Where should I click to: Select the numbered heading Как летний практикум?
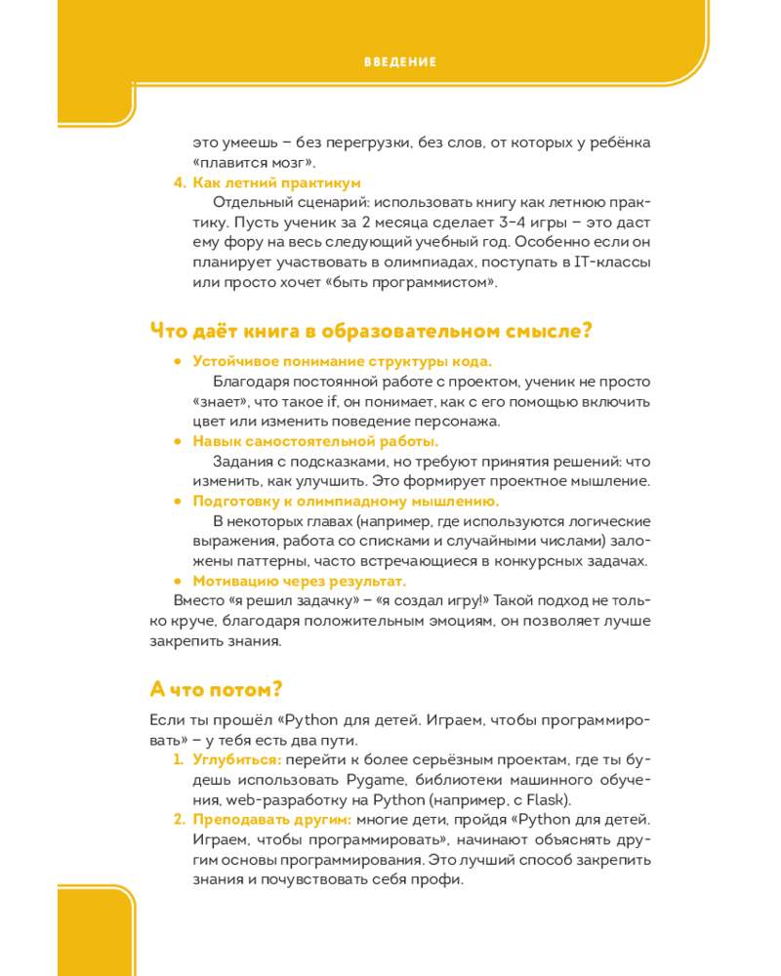(x=276, y=183)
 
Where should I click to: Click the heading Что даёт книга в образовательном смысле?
(x=371, y=331)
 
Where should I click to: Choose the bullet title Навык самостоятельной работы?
(x=315, y=441)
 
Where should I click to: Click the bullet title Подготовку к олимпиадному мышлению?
(x=346, y=502)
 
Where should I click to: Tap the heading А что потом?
(x=216, y=688)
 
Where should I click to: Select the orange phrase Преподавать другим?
(x=271, y=819)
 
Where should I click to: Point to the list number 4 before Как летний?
(x=179, y=183)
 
